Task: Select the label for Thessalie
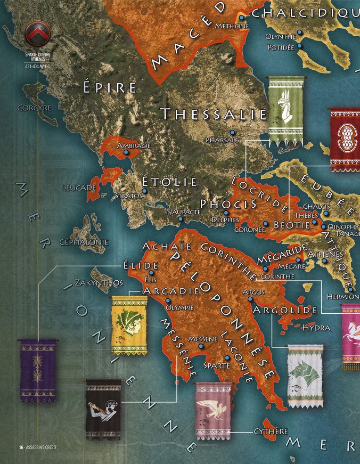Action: click(x=214, y=113)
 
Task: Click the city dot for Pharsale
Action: click(x=232, y=132)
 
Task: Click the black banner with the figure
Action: click(x=103, y=409)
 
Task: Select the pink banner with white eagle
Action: click(x=215, y=411)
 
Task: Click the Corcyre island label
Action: click(x=34, y=108)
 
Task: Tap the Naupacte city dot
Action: click(x=181, y=219)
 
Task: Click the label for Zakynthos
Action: click(x=99, y=282)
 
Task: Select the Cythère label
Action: click(x=271, y=431)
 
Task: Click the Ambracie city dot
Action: click(x=126, y=152)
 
